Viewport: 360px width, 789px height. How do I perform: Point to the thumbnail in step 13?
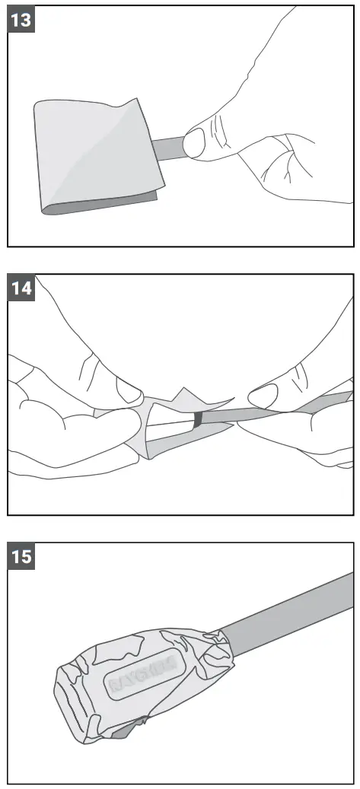pos(195,142)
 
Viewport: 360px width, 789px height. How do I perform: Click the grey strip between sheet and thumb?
pos(169,146)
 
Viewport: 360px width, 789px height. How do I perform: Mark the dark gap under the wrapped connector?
pos(126,730)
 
